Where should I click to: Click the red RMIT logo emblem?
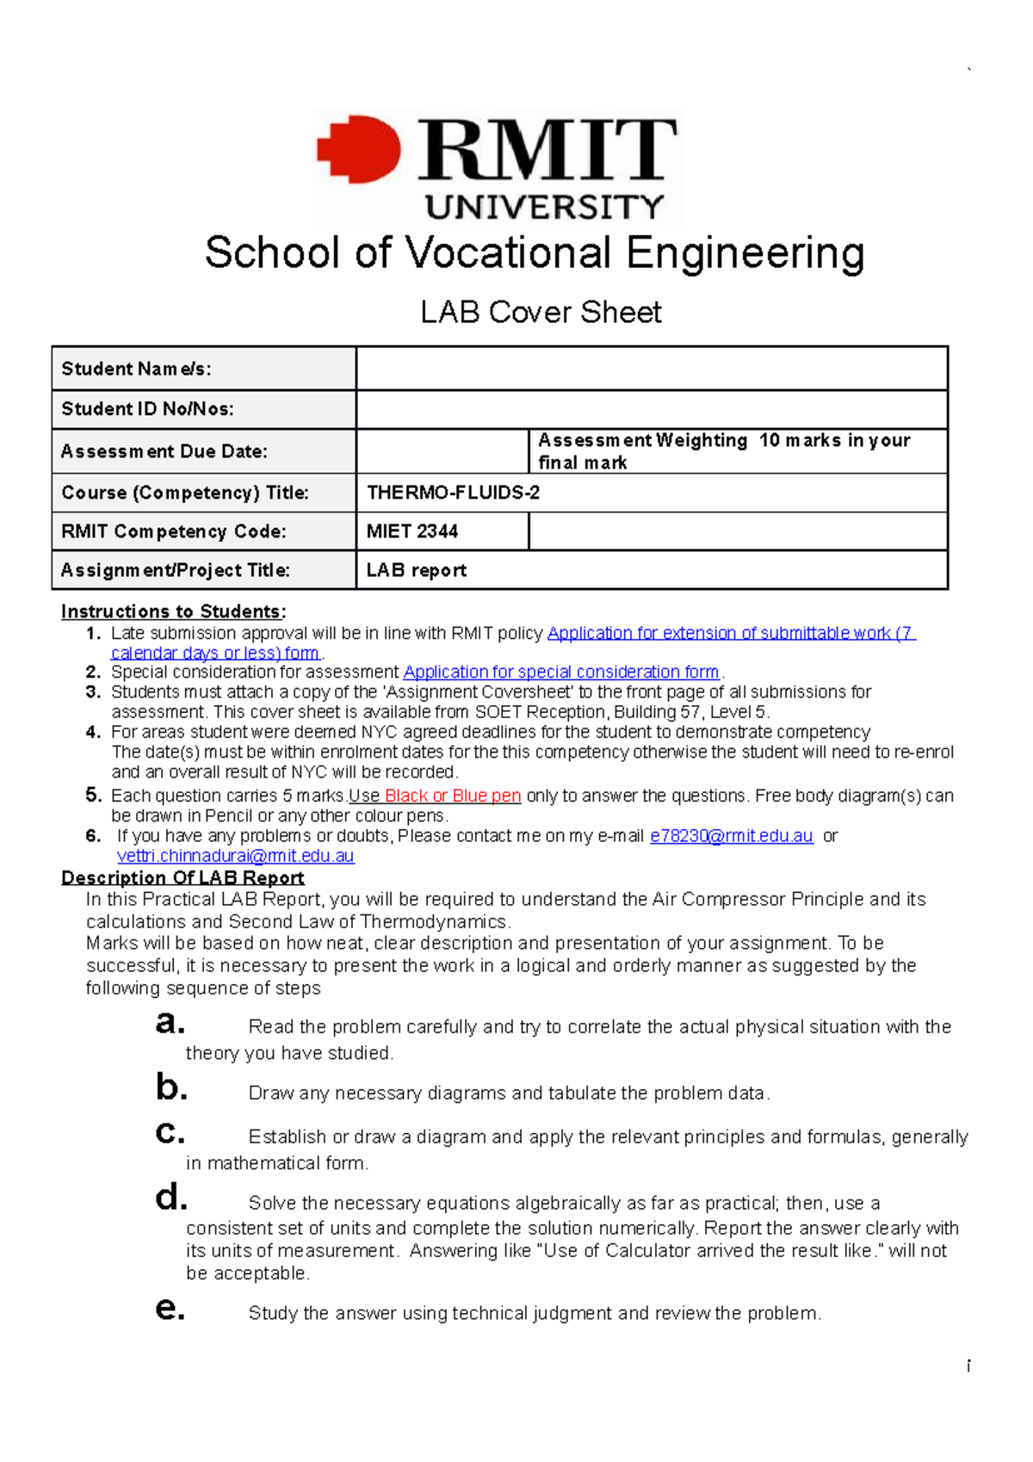tap(360, 150)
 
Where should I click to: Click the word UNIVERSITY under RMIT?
tap(544, 208)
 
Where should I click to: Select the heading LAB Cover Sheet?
tap(541, 312)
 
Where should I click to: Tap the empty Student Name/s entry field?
tap(652, 369)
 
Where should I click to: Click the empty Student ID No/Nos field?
tap(652, 410)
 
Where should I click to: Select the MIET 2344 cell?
tap(412, 531)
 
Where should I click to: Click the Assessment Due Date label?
tap(164, 451)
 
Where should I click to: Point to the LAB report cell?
tap(417, 570)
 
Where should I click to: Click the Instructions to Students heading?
tap(171, 611)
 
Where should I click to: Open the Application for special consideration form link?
tap(561, 672)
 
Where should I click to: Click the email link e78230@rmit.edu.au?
tap(731, 835)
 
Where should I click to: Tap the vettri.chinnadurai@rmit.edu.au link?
tap(235, 856)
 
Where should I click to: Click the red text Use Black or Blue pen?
tap(435, 796)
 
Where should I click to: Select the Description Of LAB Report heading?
tap(182, 877)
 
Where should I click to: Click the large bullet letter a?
tap(170, 1023)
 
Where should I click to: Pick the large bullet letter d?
tap(170, 1197)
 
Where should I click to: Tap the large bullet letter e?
tap(170, 1309)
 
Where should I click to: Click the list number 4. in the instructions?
tap(94, 732)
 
